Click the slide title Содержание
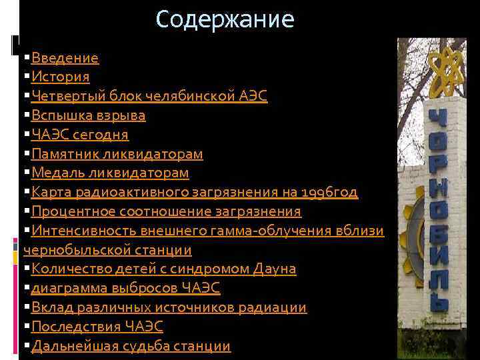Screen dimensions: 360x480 (x=225, y=19)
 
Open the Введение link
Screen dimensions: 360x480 (x=65, y=58)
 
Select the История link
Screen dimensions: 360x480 (x=60, y=77)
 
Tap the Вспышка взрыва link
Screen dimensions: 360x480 (x=88, y=116)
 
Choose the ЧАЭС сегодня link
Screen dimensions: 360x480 (x=80, y=135)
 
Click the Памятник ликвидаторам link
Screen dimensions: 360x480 (x=117, y=154)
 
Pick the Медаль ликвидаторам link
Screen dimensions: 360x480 (x=110, y=173)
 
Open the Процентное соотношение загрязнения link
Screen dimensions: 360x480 (x=166, y=212)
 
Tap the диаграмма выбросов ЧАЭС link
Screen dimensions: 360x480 (x=125, y=289)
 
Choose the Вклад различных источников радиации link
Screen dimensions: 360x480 (x=169, y=308)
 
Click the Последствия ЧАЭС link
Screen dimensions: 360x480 (x=97, y=327)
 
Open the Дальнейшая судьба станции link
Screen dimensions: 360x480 (x=131, y=346)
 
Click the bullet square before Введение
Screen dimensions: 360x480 (x=26, y=59)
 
